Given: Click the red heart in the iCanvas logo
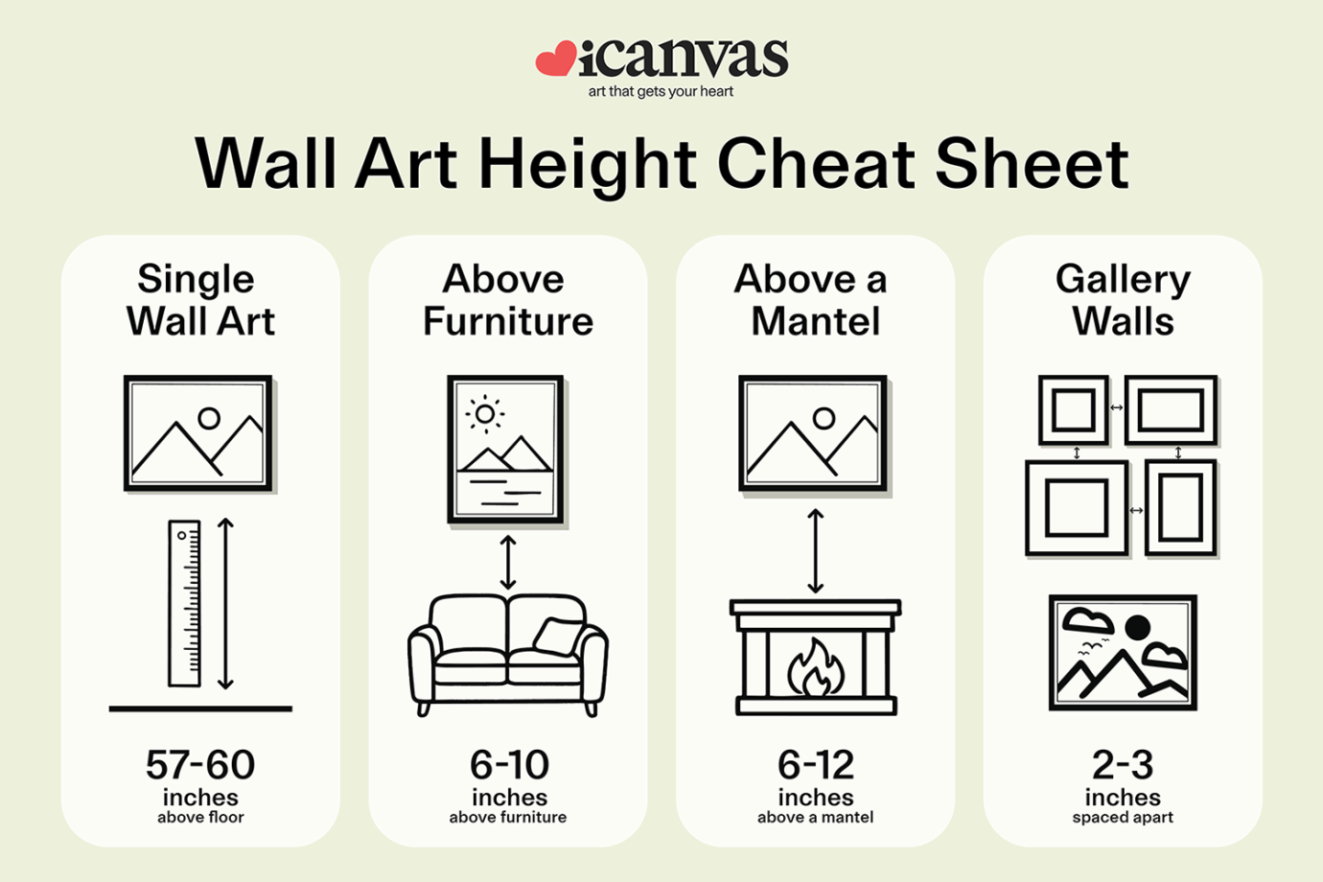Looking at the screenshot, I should click(555, 59).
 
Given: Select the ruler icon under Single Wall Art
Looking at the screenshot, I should click(184, 604).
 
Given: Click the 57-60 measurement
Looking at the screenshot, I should click(200, 765).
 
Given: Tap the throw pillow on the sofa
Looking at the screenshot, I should click(559, 637).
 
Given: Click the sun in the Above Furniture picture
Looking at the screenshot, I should click(485, 414).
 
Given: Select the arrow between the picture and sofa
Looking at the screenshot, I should click(508, 562).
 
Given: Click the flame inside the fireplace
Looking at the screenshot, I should click(815, 667).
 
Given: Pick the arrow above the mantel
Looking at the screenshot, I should click(815, 551).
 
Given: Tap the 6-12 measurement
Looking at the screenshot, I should click(815, 765).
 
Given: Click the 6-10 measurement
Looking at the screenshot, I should click(508, 765).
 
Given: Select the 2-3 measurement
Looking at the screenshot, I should click(1123, 765).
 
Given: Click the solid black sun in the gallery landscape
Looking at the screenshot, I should click(1137, 628).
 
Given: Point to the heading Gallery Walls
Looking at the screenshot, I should click(1123, 299).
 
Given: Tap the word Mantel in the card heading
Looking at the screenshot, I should click(815, 321).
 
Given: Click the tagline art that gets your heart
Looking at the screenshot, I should click(661, 92).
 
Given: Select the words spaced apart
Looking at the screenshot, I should click(1123, 818).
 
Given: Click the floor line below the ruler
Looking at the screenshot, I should click(200, 709).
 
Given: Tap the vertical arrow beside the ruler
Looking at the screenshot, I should click(225, 604).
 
